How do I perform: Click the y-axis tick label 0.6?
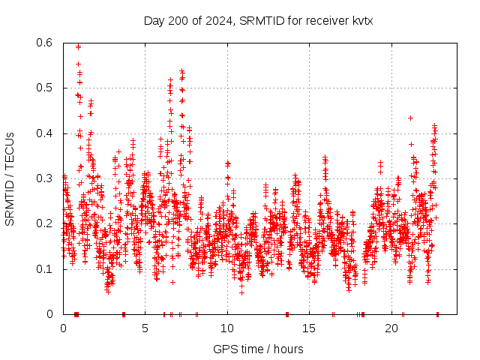(43, 43)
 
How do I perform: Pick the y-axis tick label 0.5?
(43, 88)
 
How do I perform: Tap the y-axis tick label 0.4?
(43, 133)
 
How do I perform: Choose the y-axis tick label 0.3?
(43, 178)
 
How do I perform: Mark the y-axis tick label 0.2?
(43, 223)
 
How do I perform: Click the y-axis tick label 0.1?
(43, 268)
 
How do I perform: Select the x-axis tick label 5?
(145, 328)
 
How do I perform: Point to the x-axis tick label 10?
(227, 328)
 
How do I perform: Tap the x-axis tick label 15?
(309, 328)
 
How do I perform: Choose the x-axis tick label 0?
(63, 328)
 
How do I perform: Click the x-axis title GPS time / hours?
(258, 349)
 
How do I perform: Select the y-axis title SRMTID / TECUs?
(10, 178)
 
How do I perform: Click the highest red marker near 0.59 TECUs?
(78, 46)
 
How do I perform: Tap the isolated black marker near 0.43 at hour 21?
(410, 118)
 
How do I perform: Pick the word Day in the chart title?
(154, 21)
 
